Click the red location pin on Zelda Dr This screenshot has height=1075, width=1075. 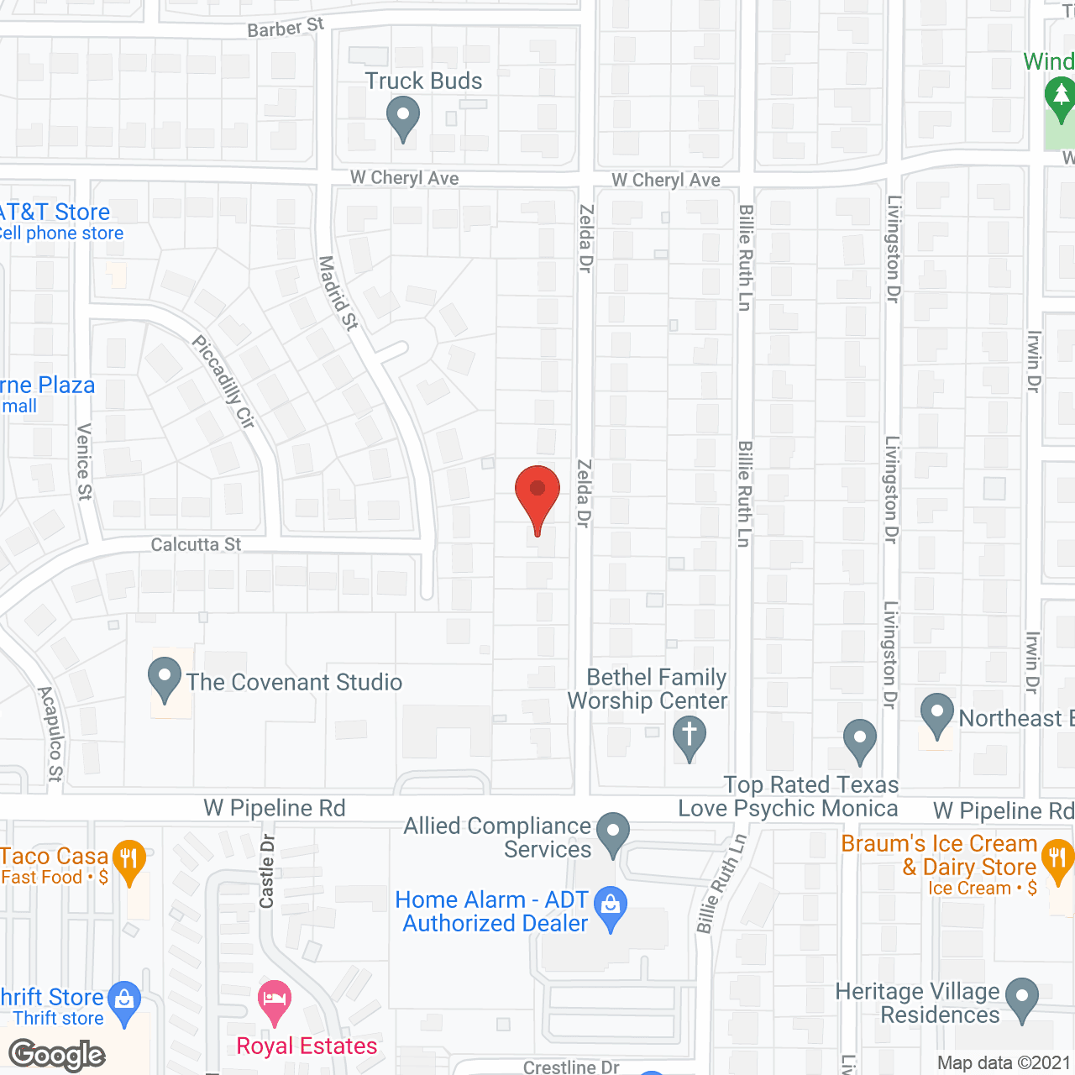537,491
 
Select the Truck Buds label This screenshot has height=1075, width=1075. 423,81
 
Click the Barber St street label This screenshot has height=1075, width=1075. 286,28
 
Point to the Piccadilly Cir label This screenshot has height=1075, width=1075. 223,382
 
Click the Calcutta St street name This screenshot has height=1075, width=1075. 196,544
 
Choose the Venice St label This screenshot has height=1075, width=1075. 84,462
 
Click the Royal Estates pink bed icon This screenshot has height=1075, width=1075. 275,999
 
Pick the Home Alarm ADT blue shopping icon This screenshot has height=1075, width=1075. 611,905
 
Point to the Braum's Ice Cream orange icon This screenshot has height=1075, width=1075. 1057,860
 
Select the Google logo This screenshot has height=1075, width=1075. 57,1055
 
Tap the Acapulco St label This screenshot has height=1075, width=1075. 50,733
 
